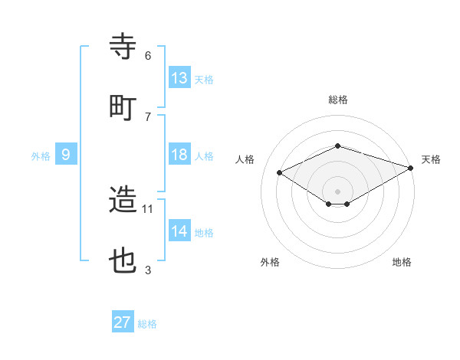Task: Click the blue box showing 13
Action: coord(179,78)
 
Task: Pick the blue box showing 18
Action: coord(179,155)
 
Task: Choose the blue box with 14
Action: coord(179,231)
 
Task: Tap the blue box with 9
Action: coord(66,155)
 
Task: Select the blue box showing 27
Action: coord(123,322)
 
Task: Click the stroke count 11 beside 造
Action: coord(148,208)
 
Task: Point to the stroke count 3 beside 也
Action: coord(148,270)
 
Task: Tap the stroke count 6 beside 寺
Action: coord(148,55)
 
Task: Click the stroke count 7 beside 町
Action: coord(148,116)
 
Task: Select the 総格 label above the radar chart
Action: coord(338,100)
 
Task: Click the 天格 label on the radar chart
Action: coord(431,159)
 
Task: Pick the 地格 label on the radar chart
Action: coord(402,262)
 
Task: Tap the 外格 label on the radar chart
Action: coord(270,262)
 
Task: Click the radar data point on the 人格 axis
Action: coord(280,173)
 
